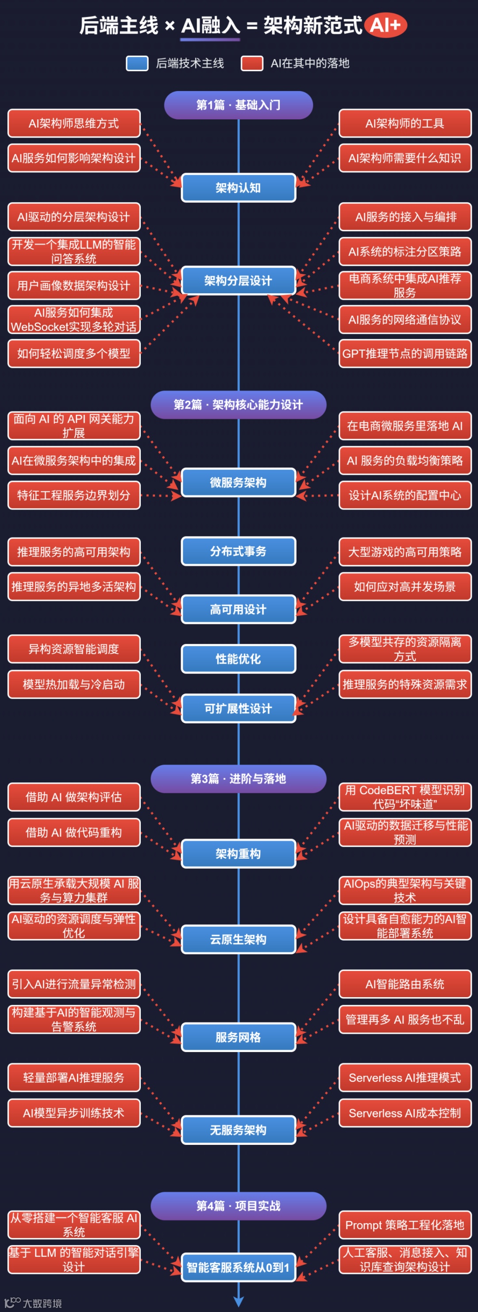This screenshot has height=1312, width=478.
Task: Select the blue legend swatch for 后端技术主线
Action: click(137, 63)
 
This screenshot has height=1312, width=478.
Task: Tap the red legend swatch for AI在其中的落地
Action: click(252, 63)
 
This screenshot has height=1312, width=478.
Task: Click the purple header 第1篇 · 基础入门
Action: click(238, 105)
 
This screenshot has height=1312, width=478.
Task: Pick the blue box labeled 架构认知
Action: click(238, 188)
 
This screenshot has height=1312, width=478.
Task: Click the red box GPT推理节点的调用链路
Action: click(405, 353)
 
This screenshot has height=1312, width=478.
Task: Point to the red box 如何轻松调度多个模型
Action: click(74, 353)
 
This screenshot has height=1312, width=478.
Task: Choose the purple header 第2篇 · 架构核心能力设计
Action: click(238, 405)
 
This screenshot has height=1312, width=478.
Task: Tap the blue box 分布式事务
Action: click(238, 551)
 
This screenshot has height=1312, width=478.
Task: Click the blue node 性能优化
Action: click(238, 658)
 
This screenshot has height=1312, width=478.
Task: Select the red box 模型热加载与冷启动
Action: click(74, 684)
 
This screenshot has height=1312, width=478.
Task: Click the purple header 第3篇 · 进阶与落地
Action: click(238, 778)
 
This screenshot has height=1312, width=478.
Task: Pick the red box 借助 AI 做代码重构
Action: click(74, 832)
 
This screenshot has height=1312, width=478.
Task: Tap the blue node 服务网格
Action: click(238, 1037)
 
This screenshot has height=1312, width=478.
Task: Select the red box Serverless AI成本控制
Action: click(405, 1113)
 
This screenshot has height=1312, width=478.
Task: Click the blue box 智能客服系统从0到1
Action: click(238, 1267)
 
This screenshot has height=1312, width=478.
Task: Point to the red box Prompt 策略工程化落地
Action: click(405, 1225)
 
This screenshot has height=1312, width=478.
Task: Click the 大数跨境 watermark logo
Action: click(33, 1302)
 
